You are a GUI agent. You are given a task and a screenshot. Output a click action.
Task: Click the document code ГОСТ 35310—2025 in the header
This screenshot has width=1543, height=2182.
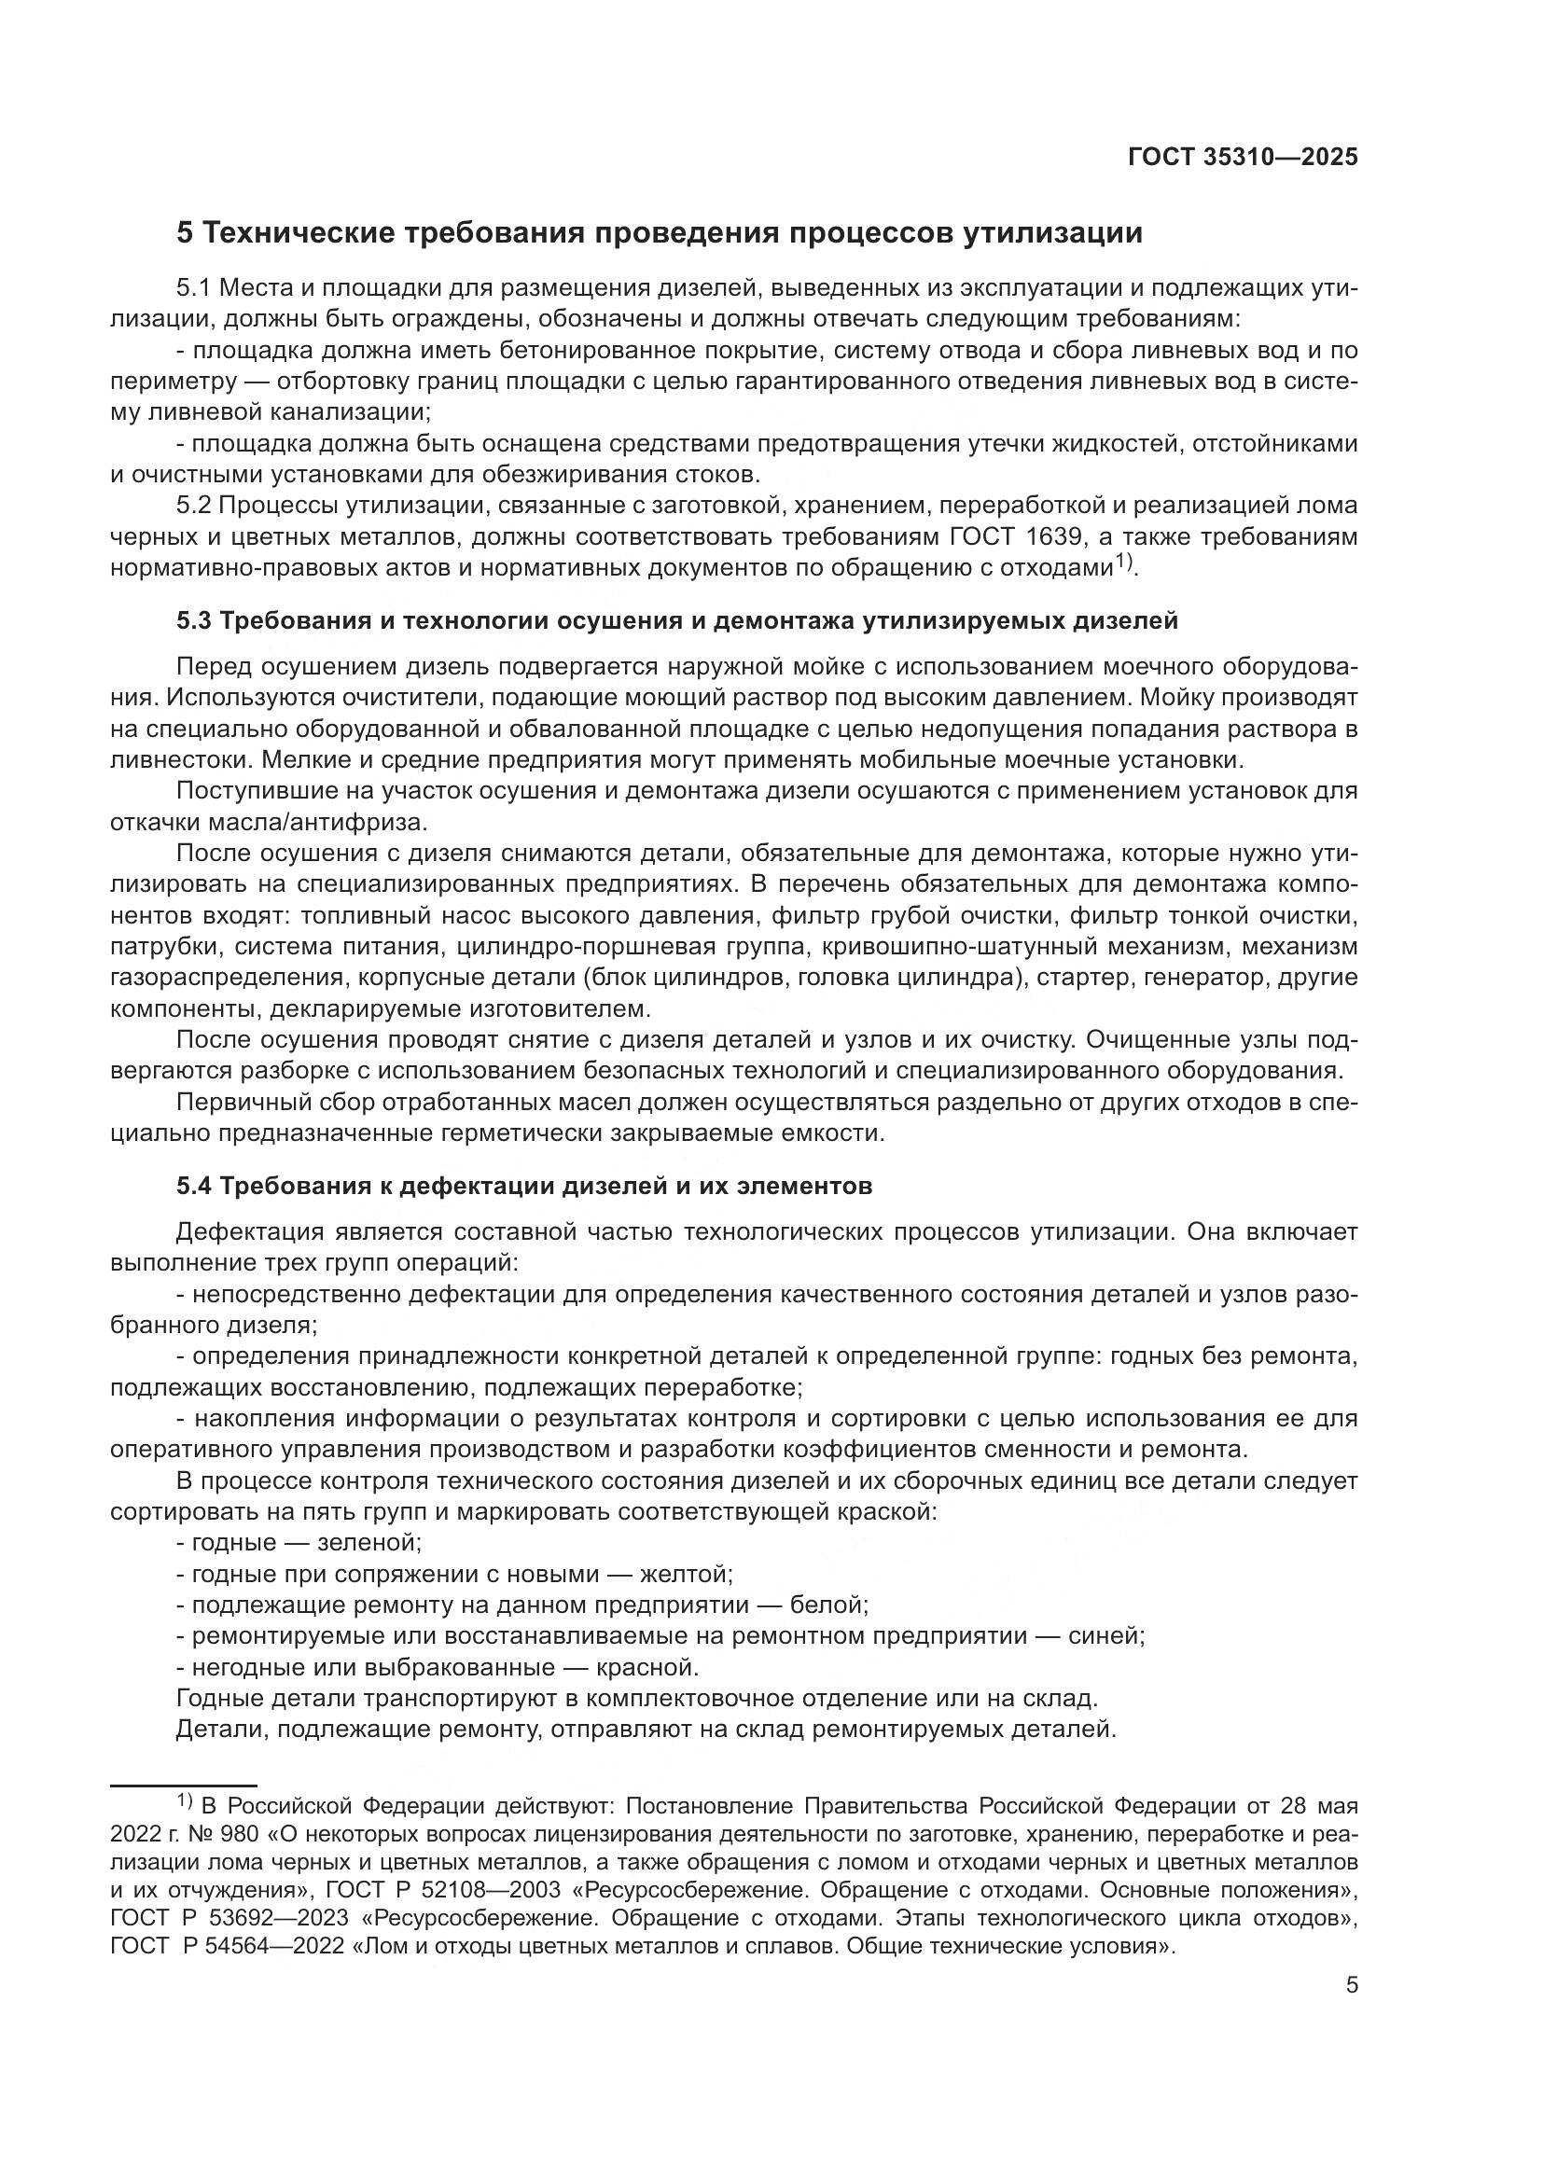pos(1243,158)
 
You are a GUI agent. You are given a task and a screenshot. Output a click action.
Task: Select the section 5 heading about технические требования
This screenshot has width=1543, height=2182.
pos(660,233)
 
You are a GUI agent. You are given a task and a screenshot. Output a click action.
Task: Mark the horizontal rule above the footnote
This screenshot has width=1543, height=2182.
pos(184,1786)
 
